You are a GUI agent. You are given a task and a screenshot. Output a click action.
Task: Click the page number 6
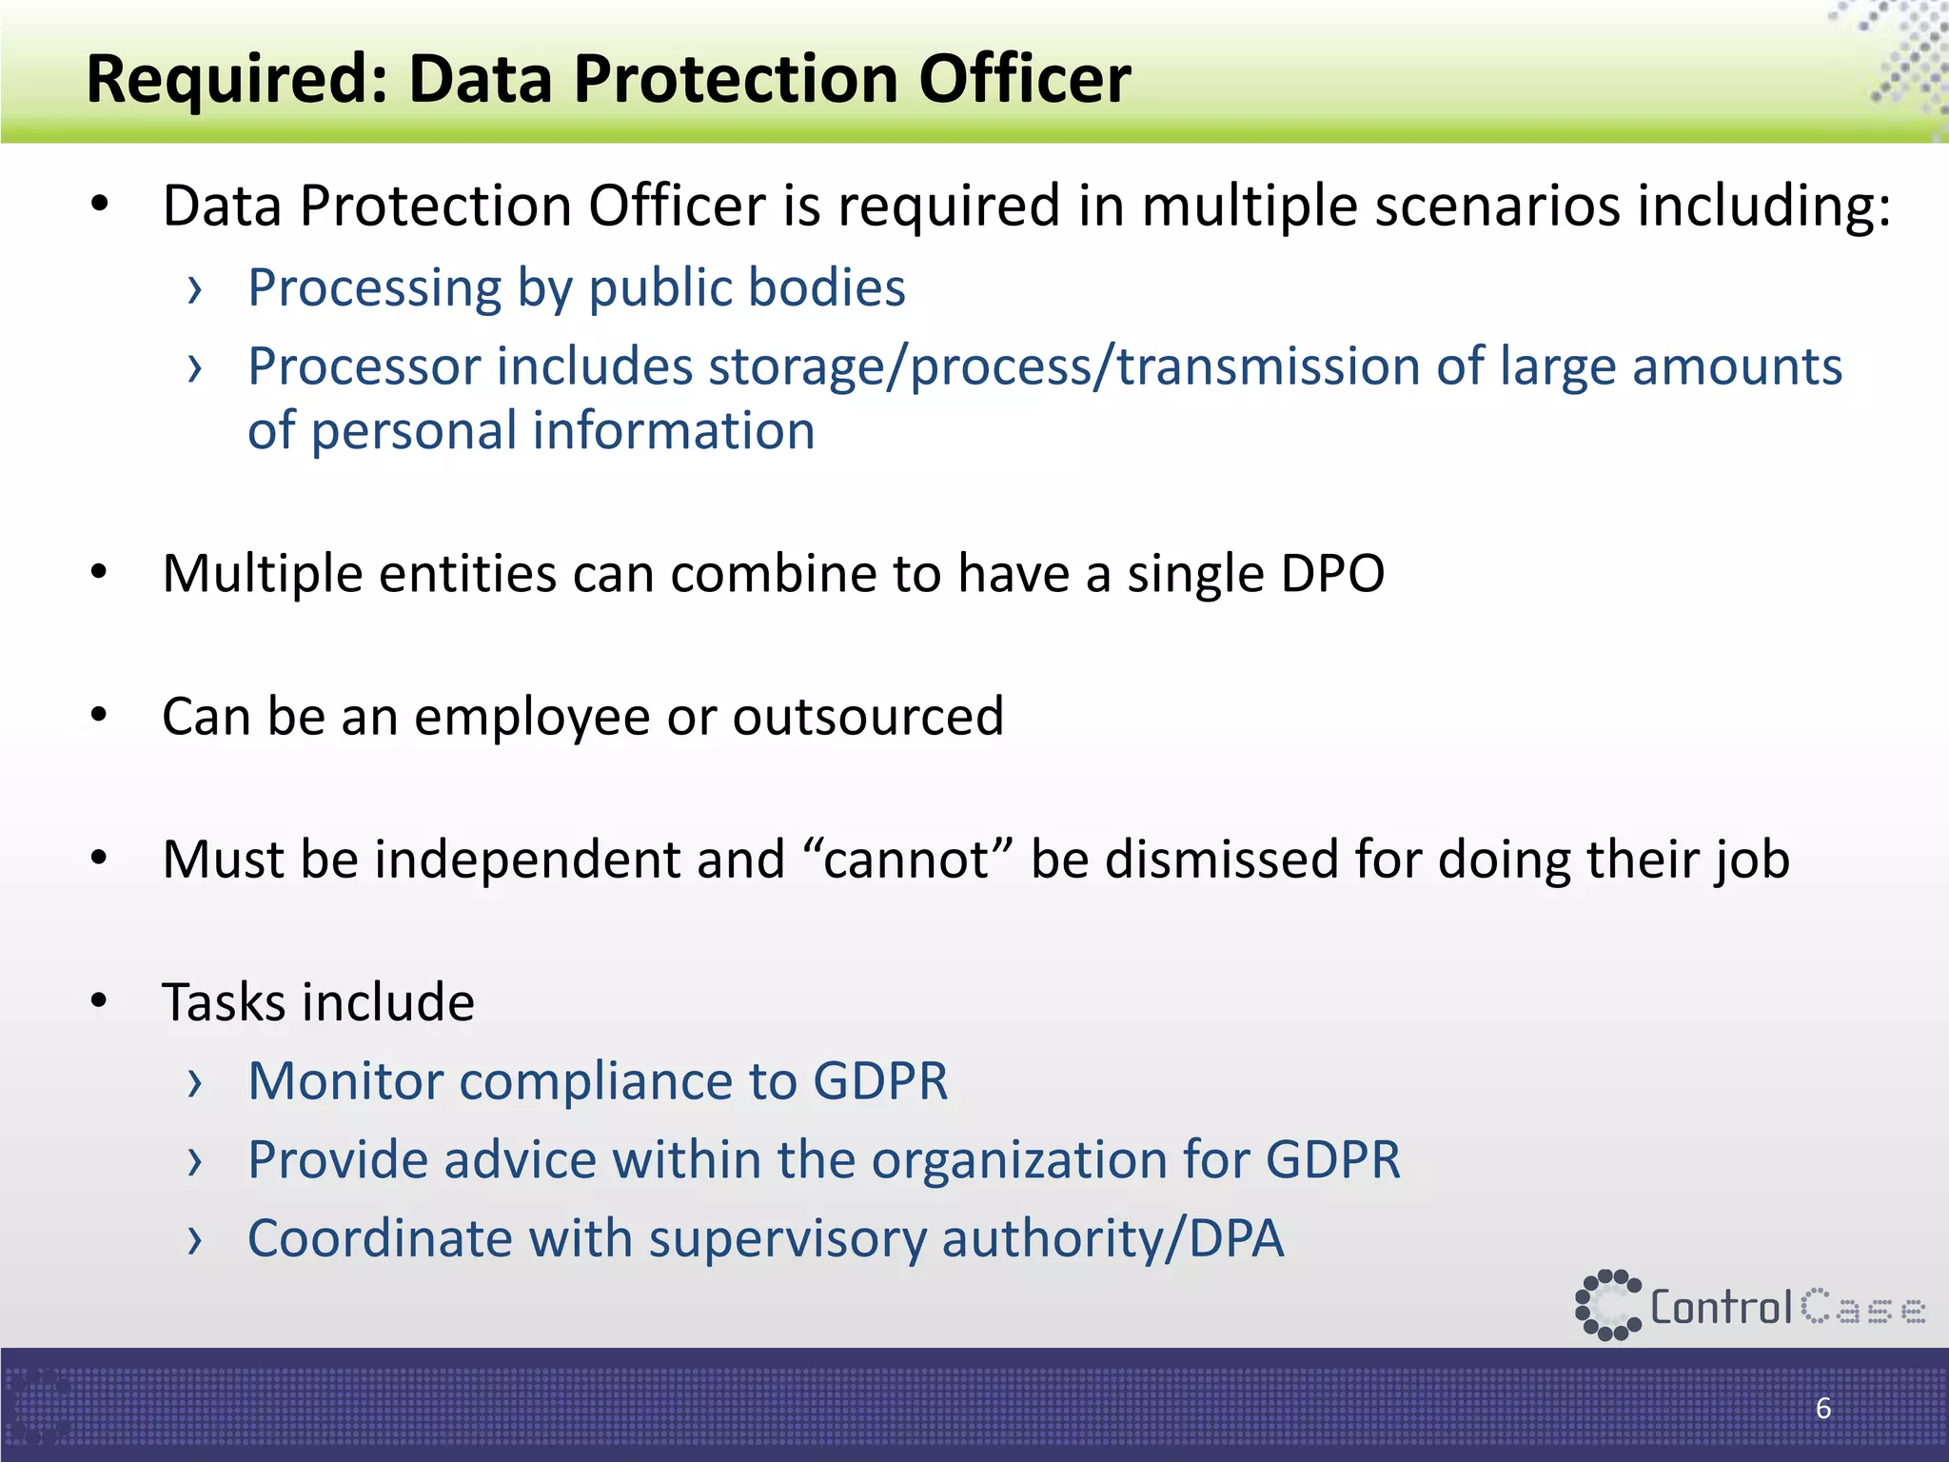pyautogui.click(x=1822, y=1408)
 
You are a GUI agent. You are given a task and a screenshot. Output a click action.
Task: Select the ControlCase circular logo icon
pyautogui.click(x=1607, y=1305)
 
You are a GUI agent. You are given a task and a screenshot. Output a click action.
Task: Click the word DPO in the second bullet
pyautogui.click(x=1332, y=574)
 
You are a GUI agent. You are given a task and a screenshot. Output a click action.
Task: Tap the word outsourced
pyautogui.click(x=868, y=717)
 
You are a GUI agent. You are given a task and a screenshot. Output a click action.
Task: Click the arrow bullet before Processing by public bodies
pyautogui.click(x=195, y=289)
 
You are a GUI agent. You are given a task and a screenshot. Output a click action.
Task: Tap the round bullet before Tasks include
pyautogui.click(x=100, y=1001)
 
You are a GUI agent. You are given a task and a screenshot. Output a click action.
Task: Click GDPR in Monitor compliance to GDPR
pyautogui.click(x=880, y=1081)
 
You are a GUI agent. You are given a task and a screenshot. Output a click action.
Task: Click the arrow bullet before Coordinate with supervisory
pyautogui.click(x=195, y=1240)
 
